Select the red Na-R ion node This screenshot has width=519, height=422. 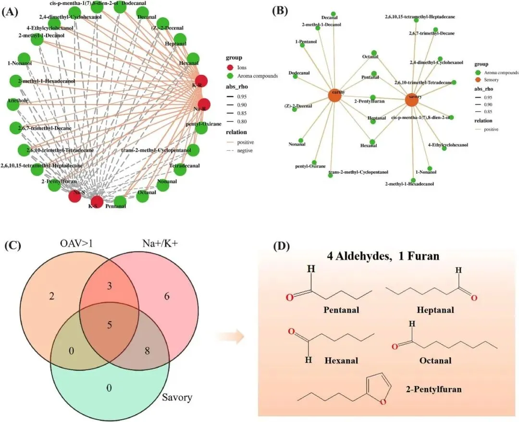point(204,105)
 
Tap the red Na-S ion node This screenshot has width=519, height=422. point(75,195)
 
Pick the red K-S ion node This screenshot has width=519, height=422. point(97,202)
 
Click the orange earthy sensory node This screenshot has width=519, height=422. point(335,95)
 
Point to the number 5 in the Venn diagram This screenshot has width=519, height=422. point(109,325)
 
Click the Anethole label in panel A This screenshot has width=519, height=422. point(19,102)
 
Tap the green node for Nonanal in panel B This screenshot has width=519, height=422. point(301,139)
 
